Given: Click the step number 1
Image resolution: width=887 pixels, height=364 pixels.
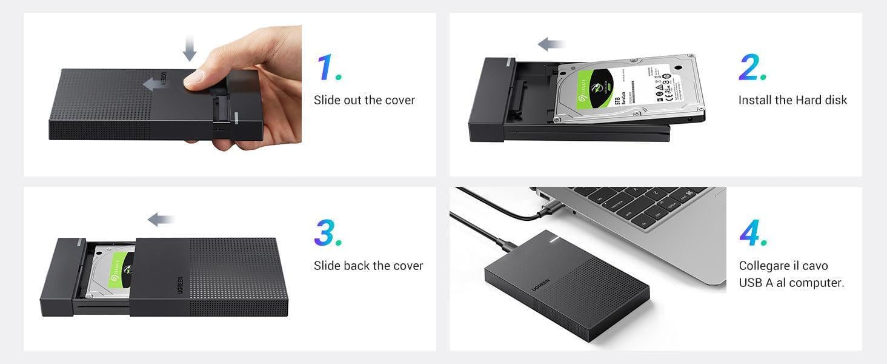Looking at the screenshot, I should point(328,68).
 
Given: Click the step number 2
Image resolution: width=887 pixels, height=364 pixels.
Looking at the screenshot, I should point(753,68).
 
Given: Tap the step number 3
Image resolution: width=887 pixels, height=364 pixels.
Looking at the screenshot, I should point(328,233).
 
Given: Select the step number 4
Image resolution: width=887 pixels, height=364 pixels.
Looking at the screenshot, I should point(754,233).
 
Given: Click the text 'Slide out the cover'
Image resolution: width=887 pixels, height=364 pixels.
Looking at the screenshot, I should point(364,100).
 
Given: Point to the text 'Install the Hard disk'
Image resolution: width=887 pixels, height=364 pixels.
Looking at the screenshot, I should point(792,100).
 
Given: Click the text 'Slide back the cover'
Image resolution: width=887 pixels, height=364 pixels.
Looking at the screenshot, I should point(368,266).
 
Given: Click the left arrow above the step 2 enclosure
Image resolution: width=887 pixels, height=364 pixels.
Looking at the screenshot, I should point(551,44).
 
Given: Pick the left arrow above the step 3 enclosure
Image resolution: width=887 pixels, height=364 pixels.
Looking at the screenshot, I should point(161,220).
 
